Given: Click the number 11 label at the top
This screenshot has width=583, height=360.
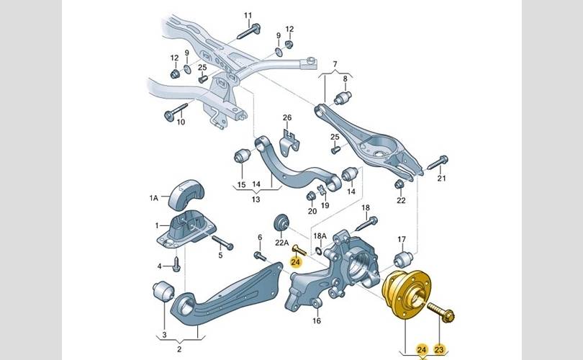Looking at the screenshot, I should (248, 16).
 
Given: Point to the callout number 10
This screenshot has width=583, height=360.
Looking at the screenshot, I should (181, 122).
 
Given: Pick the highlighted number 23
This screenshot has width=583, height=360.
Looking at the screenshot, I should (440, 349).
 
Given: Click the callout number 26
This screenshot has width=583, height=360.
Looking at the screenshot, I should (286, 117).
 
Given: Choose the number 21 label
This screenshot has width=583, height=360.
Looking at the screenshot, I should (442, 178).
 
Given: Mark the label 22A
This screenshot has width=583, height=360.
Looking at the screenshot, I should (282, 243).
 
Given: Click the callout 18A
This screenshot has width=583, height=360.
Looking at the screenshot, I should (320, 235).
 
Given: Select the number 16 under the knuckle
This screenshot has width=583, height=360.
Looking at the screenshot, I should (316, 322).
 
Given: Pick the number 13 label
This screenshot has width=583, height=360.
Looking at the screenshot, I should (256, 199).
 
